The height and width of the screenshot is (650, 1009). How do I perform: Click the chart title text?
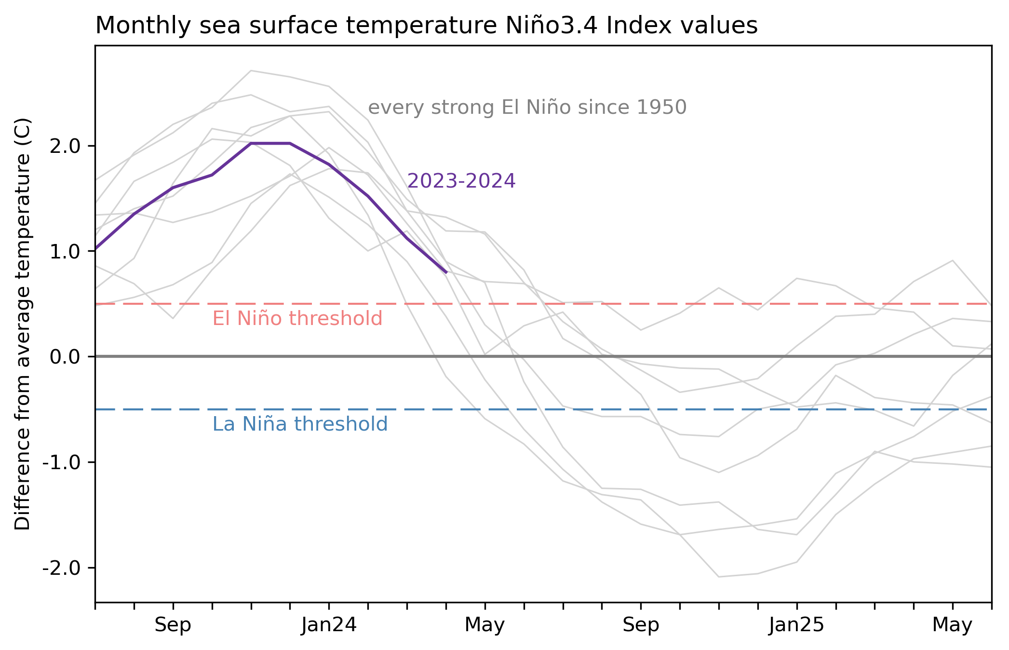(x=426, y=26)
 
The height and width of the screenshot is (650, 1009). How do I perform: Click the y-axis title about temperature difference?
(x=23, y=324)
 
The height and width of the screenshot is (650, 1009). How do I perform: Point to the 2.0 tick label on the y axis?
(x=65, y=146)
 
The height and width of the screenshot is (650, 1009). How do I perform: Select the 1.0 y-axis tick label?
(x=65, y=251)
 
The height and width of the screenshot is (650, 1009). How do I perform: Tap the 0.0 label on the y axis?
(x=65, y=357)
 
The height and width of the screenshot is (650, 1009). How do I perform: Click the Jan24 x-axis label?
(x=329, y=625)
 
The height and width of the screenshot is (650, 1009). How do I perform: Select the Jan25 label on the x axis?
(x=796, y=625)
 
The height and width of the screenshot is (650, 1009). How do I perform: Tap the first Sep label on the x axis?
(x=173, y=625)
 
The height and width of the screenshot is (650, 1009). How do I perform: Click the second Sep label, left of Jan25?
(x=641, y=625)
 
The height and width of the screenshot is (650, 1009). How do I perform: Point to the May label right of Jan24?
(x=484, y=625)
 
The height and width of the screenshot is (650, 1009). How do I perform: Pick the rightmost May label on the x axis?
(x=952, y=625)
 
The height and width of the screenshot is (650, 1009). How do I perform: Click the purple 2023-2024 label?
(x=461, y=181)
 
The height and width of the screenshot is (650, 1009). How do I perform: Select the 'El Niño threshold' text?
(x=297, y=319)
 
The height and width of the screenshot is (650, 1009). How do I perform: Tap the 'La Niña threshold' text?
(x=300, y=424)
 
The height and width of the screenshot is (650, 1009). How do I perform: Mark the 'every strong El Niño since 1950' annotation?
(x=527, y=108)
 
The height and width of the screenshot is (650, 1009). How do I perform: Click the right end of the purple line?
(x=446, y=272)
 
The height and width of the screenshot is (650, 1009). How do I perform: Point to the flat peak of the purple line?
(x=270, y=143)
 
